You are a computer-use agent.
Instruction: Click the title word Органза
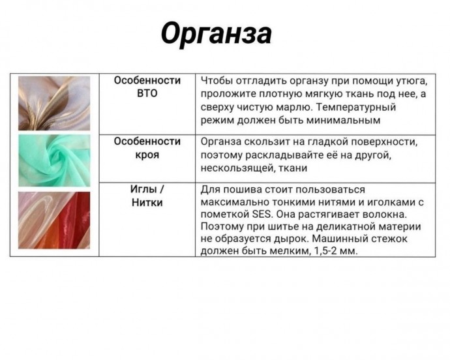click(216, 33)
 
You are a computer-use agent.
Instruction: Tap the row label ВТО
click(147, 93)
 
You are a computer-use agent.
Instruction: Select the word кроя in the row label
click(147, 155)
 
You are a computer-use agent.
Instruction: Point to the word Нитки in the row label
click(147, 203)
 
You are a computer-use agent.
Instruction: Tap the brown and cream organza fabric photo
click(54, 103)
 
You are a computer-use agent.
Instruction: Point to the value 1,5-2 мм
click(331, 251)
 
